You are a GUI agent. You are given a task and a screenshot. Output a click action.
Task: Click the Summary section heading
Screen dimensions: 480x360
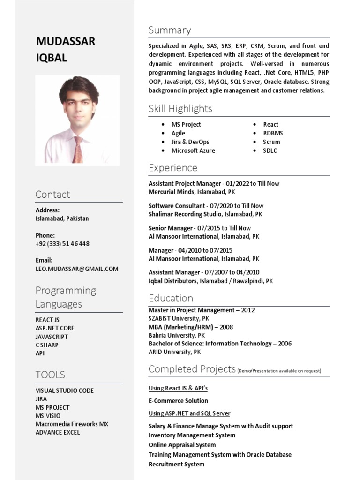170,30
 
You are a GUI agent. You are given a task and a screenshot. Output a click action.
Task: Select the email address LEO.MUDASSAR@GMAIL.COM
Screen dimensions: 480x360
77,269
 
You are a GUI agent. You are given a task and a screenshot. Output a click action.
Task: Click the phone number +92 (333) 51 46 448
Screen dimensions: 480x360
62,244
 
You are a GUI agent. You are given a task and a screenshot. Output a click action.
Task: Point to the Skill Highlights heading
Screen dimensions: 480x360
180,109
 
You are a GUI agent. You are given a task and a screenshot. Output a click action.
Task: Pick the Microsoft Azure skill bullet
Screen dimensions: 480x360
193,150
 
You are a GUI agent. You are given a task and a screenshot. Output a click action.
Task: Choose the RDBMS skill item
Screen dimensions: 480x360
273,133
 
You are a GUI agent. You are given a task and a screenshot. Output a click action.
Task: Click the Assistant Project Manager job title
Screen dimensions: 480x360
185,184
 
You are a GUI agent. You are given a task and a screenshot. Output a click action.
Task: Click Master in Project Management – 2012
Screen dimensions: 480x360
202,310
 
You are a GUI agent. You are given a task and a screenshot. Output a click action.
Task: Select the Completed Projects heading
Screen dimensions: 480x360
192,369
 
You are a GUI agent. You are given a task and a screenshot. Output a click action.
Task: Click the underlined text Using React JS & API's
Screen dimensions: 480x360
178,389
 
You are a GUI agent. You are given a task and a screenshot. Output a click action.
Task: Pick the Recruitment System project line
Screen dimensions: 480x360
176,465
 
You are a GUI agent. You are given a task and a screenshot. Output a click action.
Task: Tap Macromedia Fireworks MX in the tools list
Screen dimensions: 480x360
72,424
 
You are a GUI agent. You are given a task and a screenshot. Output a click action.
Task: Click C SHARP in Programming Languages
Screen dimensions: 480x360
47,345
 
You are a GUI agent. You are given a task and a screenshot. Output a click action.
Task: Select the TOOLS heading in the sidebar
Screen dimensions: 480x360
50,375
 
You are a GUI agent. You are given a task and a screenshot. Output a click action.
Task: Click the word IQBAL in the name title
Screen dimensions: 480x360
51,58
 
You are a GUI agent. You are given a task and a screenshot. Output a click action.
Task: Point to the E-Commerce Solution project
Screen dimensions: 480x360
178,401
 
